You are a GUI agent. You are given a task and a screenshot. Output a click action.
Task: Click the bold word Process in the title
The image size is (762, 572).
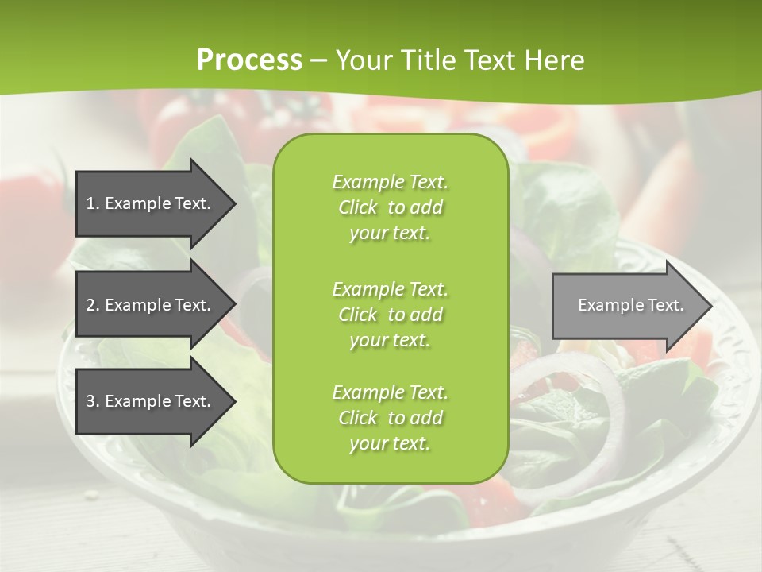(249, 60)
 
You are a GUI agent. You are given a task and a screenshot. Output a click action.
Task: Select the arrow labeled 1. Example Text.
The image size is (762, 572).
(151, 203)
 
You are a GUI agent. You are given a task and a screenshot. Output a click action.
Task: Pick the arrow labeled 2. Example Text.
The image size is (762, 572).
(151, 305)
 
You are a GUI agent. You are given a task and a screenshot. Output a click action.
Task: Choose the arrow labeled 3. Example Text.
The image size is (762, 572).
(151, 401)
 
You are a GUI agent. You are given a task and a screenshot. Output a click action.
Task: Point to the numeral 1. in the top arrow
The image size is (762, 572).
(93, 203)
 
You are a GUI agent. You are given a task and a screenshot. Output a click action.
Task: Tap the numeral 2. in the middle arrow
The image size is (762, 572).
(93, 305)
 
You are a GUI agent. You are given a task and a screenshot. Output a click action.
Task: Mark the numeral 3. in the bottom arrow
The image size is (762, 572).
(93, 401)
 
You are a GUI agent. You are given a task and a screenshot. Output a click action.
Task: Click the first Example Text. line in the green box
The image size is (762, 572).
(390, 182)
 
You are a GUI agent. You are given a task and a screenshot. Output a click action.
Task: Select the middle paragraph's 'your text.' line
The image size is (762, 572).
(390, 340)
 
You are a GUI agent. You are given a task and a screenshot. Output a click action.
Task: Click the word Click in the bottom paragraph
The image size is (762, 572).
(357, 418)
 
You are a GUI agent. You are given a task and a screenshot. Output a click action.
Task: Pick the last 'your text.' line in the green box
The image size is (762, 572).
(390, 443)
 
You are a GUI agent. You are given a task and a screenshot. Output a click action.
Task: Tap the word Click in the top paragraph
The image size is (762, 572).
(357, 207)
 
